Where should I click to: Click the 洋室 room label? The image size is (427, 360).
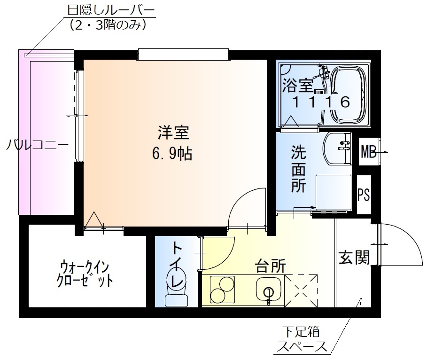[173, 133]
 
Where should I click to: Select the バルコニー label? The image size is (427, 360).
[37, 145]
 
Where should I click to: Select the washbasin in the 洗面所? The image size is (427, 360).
[338, 148]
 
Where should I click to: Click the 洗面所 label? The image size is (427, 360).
[298, 169]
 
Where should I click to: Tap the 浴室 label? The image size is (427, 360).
[297, 86]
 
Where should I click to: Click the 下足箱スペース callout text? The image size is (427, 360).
[301, 340]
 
